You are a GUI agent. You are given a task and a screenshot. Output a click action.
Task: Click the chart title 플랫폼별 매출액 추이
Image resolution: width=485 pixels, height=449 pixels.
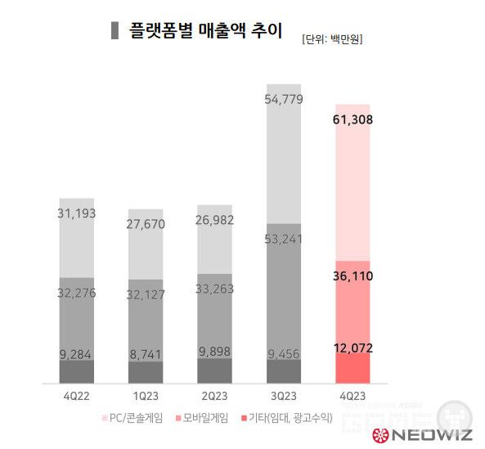[206, 32]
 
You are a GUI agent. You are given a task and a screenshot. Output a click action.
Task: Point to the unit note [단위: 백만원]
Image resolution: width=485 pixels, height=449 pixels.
[332, 38]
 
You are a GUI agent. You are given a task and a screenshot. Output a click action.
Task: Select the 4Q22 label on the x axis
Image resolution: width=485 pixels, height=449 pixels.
[76, 396]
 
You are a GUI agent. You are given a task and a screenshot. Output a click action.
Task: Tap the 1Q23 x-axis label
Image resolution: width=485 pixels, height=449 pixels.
[146, 396]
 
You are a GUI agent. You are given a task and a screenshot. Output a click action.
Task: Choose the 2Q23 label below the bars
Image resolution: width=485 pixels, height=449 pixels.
[214, 396]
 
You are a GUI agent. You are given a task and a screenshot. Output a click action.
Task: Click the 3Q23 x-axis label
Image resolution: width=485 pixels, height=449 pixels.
[283, 396]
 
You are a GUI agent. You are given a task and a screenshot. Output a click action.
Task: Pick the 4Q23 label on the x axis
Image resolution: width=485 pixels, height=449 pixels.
[353, 396]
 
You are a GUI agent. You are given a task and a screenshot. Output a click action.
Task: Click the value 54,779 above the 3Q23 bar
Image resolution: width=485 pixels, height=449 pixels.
[284, 100]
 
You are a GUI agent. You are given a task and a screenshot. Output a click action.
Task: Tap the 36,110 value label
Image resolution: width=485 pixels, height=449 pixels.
[353, 276]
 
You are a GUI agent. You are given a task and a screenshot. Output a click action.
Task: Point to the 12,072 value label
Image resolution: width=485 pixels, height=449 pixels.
[353, 348]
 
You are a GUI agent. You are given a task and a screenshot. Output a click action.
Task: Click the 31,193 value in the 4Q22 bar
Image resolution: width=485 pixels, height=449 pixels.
[77, 213]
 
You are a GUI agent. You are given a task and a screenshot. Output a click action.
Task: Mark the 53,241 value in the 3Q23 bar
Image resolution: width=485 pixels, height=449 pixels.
[284, 240]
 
